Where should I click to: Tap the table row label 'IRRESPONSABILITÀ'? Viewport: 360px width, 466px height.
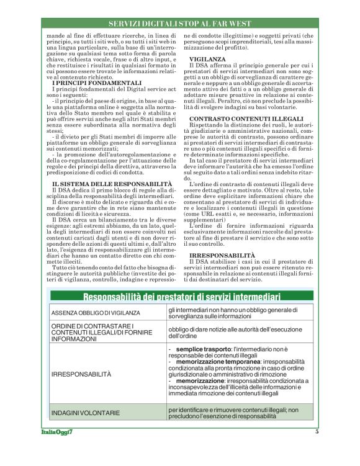[x=81, y=374]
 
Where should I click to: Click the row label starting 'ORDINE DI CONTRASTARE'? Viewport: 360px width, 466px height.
[x=93, y=331]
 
